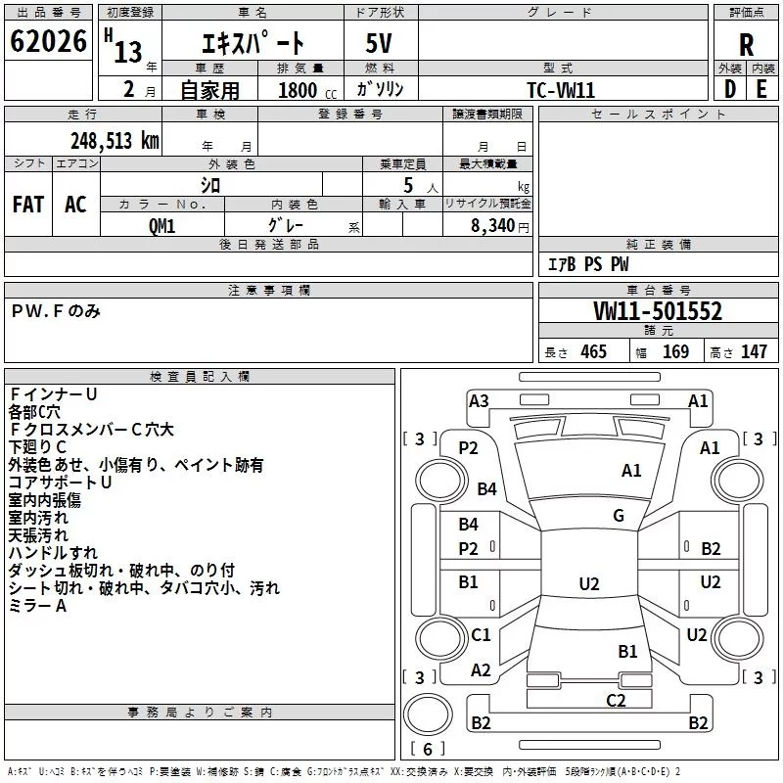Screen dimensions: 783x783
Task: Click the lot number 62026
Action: click(48, 41)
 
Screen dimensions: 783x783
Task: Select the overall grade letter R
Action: click(746, 45)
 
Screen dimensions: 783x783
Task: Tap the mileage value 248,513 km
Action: click(115, 141)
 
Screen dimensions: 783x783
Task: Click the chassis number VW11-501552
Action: click(658, 311)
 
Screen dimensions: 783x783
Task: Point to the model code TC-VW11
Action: click(561, 90)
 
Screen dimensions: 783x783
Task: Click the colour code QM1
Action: click(161, 226)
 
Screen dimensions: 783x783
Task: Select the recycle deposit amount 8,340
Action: click(493, 226)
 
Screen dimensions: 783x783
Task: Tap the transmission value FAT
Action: click(28, 205)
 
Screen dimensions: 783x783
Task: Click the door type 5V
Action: click(379, 43)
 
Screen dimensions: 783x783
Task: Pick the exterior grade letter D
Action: click(730, 89)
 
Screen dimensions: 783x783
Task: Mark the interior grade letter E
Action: click(761, 89)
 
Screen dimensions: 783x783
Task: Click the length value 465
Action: click(593, 351)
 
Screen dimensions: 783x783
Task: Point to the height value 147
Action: click(754, 351)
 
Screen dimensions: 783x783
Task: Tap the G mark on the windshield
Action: click(619, 516)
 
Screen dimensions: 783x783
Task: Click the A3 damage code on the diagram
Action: click(479, 401)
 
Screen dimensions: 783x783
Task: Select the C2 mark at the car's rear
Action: click(616, 701)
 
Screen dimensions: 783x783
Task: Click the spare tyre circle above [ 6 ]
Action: click(428, 714)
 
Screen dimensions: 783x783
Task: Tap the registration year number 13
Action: click(128, 52)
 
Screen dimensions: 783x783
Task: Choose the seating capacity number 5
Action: click(408, 185)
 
